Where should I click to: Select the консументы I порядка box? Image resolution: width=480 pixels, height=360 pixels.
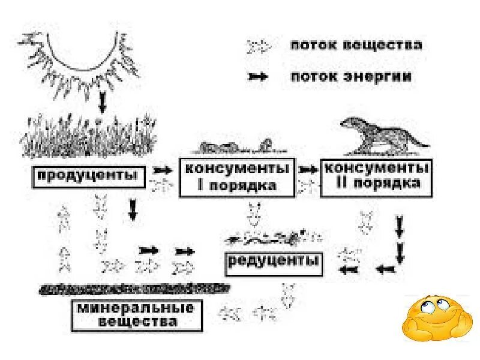click(x=238, y=177)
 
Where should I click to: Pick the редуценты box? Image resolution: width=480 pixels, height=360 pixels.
click(x=274, y=262)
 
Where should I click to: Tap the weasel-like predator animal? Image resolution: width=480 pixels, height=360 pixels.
click(x=383, y=135)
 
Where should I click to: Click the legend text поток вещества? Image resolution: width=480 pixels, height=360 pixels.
click(x=356, y=46)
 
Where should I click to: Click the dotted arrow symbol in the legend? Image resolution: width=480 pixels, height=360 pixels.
click(x=260, y=46)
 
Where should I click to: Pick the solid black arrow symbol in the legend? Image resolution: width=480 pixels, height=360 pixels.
click(x=259, y=77)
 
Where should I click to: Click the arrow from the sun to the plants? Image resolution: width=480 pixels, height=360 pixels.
click(x=101, y=102)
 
